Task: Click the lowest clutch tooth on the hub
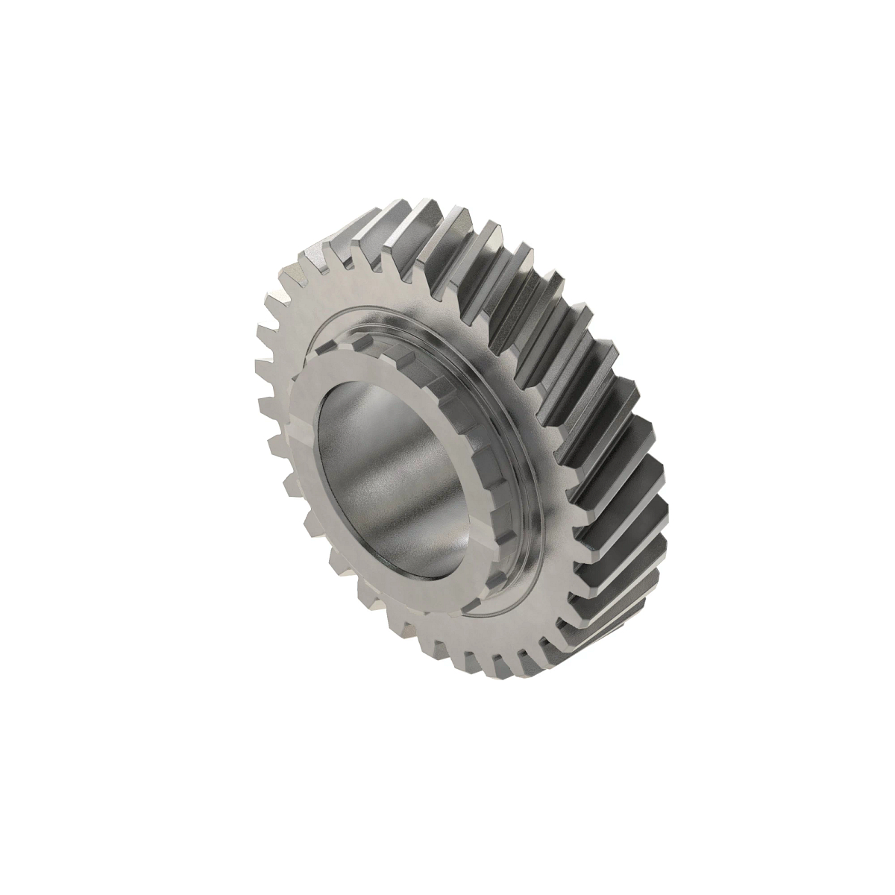tap(477, 589)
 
